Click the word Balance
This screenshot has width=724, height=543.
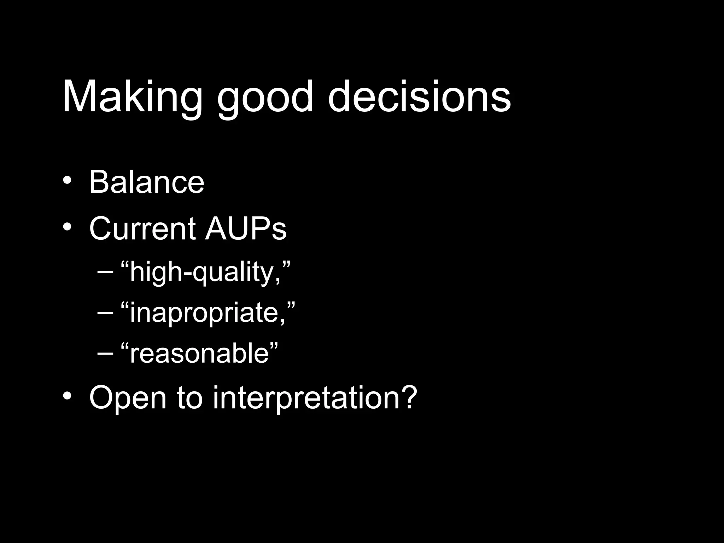point(147,183)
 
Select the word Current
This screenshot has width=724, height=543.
point(142,229)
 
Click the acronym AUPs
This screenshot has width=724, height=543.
point(246,229)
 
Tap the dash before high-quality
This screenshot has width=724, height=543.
point(105,273)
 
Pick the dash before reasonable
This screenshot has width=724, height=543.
point(105,354)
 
